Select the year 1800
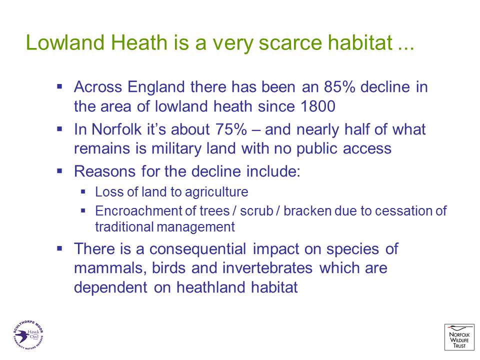pyautogui.click(x=318, y=106)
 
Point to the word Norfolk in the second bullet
pyautogui.click(x=116, y=129)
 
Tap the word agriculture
pyautogui.click(x=216, y=192)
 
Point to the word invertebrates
pyautogui.click(x=267, y=268)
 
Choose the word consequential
pyautogui.click(x=197, y=249)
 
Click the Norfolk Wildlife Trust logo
pyautogui.click(x=459, y=337)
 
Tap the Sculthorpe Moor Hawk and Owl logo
pyautogui.click(x=28, y=334)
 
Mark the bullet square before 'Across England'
pyautogui.click(x=59, y=87)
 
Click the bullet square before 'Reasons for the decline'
pyautogui.click(x=59, y=171)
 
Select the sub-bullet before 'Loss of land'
pyautogui.click(x=83, y=192)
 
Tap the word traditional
pyautogui.click(x=124, y=227)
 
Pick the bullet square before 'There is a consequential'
pyautogui.click(x=59, y=248)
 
